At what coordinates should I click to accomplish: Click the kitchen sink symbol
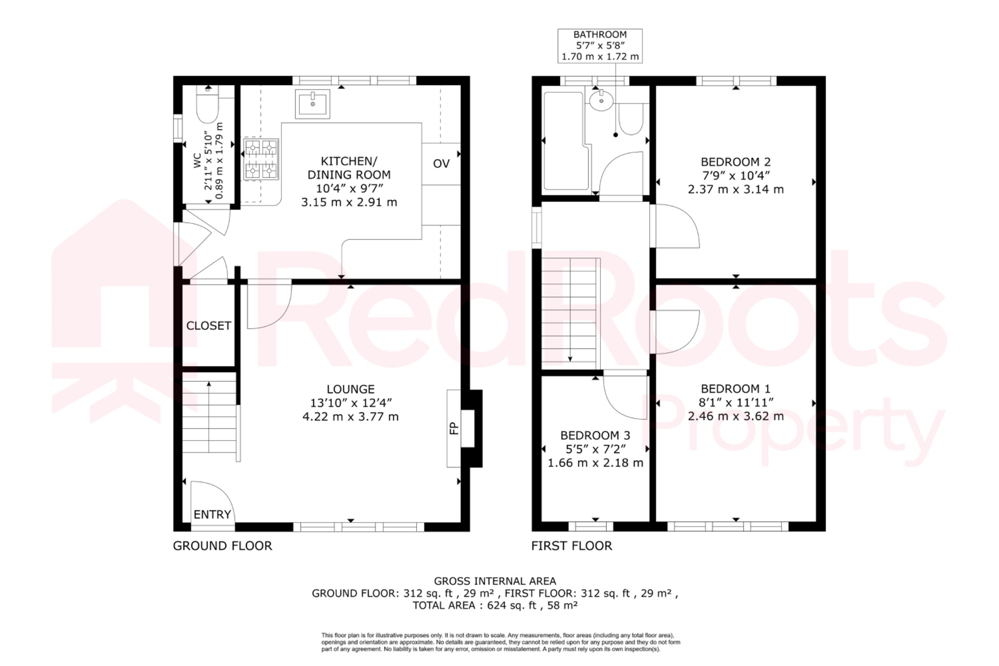point(312,103)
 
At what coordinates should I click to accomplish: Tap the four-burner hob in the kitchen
point(261,159)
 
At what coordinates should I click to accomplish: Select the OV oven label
point(441,164)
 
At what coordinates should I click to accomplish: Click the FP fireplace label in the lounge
point(454,428)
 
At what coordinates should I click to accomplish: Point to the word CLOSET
point(208,326)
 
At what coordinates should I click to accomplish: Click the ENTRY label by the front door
point(212,514)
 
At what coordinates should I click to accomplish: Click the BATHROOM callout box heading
point(599,35)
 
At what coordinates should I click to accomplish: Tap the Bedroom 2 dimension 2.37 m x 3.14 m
point(736,189)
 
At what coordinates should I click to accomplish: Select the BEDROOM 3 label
point(595,435)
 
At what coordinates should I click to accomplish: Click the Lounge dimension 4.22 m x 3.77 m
point(350,417)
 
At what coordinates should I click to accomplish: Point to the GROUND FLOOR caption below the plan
point(222,546)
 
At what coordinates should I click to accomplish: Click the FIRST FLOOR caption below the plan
point(571,546)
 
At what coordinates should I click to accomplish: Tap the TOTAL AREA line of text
point(495,605)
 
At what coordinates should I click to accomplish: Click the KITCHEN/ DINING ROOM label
point(349,168)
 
